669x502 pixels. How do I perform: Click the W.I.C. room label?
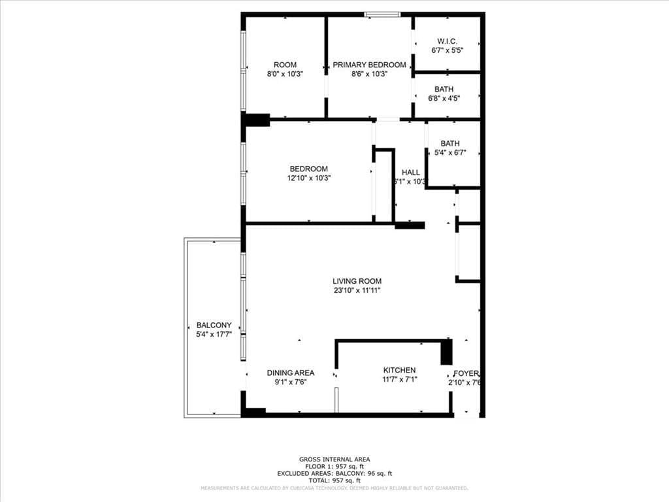point(448,41)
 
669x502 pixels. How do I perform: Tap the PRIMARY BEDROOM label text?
point(369,65)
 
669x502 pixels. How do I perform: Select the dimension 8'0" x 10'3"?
point(285,74)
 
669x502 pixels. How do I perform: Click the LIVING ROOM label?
point(357,281)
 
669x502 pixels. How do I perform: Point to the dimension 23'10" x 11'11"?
point(357,290)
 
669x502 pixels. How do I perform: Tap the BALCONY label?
point(214,326)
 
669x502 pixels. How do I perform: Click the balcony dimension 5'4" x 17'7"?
point(214,335)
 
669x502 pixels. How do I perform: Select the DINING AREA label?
point(291,373)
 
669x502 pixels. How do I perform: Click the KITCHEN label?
point(399,370)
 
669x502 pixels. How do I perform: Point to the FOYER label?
point(466,373)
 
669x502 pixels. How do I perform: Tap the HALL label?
point(411,173)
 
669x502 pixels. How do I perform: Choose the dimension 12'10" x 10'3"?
point(309,178)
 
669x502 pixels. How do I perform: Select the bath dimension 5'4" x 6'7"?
point(450,153)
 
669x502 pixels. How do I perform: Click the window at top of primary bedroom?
point(382,14)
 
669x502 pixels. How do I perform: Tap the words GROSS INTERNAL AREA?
point(334,460)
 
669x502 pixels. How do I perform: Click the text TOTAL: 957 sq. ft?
point(334,480)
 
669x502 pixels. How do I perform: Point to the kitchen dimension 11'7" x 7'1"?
point(399,379)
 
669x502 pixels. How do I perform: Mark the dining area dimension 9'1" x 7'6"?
point(291,382)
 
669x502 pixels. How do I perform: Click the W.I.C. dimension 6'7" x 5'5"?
point(448,50)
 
